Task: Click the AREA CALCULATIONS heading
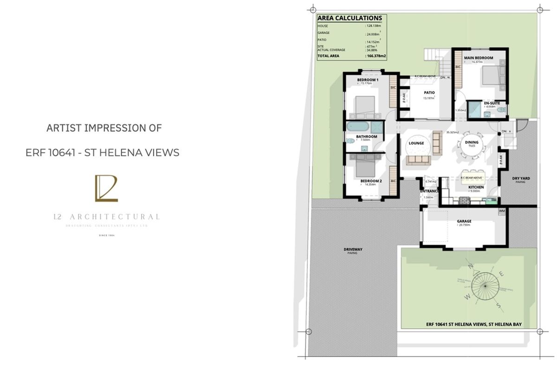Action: tap(350, 19)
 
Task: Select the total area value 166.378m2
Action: tap(376, 56)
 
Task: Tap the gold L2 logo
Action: tap(106, 188)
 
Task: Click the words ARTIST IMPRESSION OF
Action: tap(104, 128)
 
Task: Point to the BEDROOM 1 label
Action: tap(368, 80)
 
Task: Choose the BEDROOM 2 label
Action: tap(371, 180)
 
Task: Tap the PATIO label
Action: tap(429, 93)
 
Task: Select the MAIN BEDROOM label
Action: tap(478, 58)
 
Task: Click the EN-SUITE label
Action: tap(492, 103)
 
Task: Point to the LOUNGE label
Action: tap(416, 143)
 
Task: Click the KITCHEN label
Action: tap(476, 187)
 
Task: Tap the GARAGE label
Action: tap(464, 221)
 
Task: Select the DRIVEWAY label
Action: tap(353, 249)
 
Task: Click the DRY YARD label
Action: tap(521, 178)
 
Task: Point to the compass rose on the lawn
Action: tap(483, 286)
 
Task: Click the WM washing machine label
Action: tap(502, 211)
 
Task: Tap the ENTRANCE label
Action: tap(429, 191)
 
